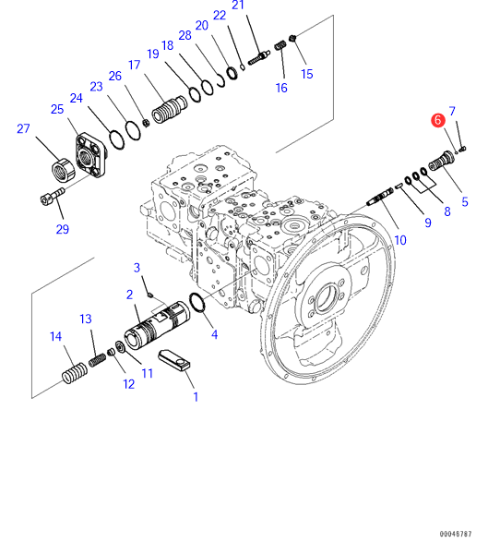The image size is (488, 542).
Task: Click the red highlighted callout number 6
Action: [x=438, y=120]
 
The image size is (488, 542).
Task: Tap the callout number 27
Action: [x=23, y=128]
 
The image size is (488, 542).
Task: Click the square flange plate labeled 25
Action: [x=90, y=154]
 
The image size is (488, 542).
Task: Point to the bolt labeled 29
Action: [x=53, y=196]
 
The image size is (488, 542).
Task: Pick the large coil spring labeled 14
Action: [x=74, y=373]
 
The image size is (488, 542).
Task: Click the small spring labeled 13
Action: [x=97, y=360]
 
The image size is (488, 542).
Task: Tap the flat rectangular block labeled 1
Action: [x=174, y=361]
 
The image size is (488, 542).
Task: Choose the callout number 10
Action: [x=400, y=240]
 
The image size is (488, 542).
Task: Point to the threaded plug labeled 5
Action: [x=442, y=161]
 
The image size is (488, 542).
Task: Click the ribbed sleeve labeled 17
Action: [x=170, y=109]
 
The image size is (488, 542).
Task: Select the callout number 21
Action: [x=238, y=5]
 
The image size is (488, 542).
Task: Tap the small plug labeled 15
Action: [x=292, y=37]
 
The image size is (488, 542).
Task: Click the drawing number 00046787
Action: [x=456, y=534]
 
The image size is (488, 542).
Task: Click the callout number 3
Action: [x=137, y=268]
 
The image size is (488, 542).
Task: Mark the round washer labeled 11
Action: [x=120, y=346]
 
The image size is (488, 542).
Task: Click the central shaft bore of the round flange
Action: [x=327, y=297]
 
